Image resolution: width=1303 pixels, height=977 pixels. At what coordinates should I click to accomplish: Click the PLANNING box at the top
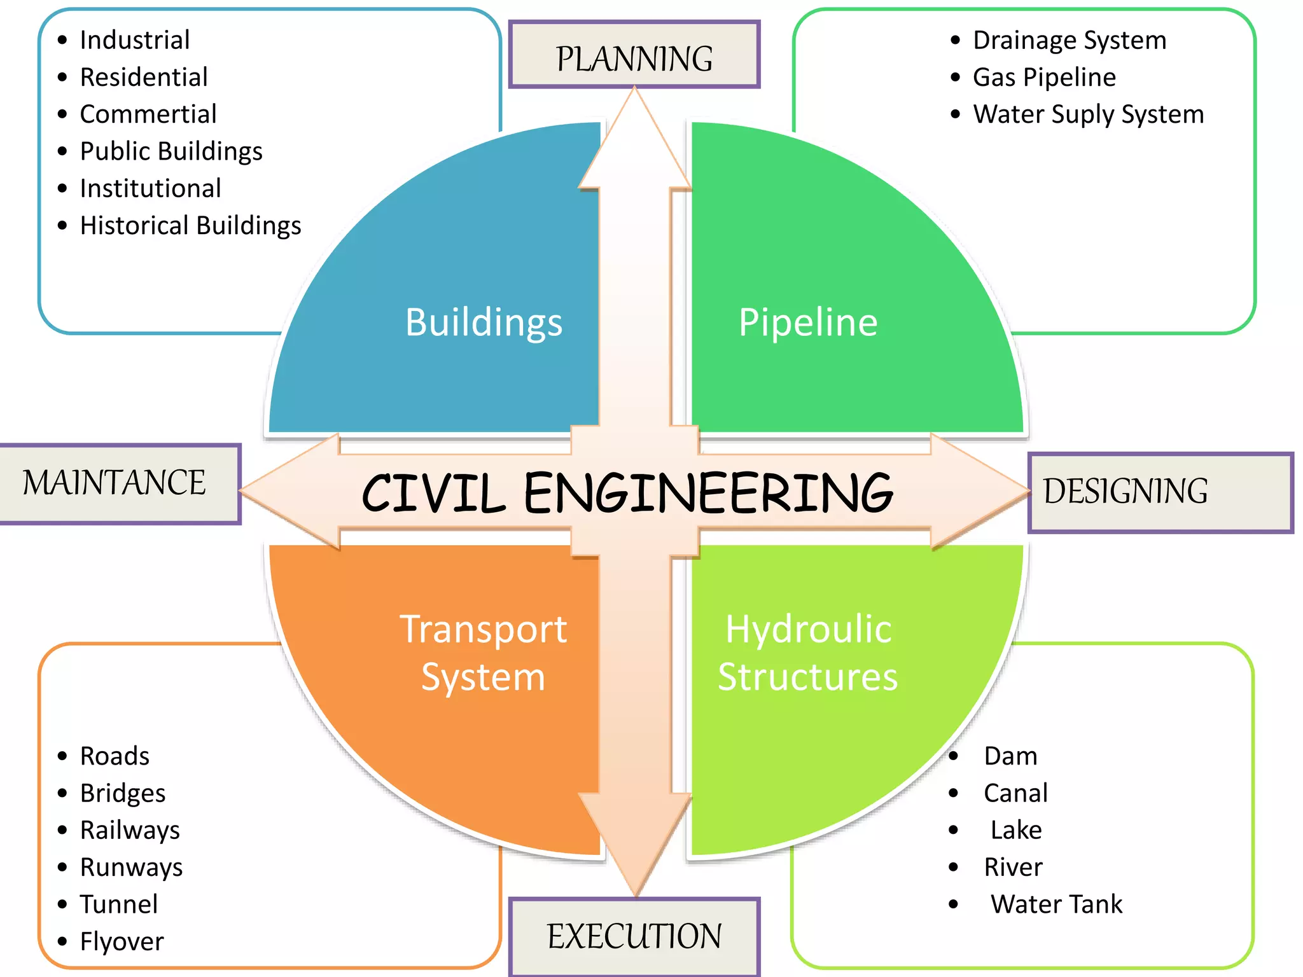(634, 55)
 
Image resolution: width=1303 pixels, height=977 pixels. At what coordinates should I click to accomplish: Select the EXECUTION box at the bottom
(634, 936)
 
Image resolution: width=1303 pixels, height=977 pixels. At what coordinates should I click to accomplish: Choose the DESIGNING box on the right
(1159, 492)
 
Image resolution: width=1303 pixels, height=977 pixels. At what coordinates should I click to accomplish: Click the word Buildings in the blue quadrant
(484, 322)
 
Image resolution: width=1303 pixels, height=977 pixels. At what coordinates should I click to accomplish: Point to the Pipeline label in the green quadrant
(808, 322)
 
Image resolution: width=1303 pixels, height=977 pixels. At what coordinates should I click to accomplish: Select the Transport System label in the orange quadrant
(484, 653)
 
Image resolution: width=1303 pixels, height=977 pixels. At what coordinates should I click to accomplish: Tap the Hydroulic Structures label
(808, 653)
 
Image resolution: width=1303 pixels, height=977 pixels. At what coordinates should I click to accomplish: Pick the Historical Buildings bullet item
(190, 226)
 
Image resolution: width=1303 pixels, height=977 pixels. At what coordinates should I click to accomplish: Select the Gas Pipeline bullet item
(1043, 78)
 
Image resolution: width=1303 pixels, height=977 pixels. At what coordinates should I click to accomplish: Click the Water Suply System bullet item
(1088, 114)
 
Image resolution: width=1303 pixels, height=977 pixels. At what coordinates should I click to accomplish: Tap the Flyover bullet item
(122, 941)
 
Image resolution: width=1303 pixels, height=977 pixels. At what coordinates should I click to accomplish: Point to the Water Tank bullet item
(1056, 904)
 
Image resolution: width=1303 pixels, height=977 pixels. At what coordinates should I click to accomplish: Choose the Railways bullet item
(130, 830)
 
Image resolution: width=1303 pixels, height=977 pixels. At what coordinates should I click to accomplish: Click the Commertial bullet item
(148, 114)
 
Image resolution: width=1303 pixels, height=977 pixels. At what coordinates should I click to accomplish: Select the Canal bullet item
(1015, 793)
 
